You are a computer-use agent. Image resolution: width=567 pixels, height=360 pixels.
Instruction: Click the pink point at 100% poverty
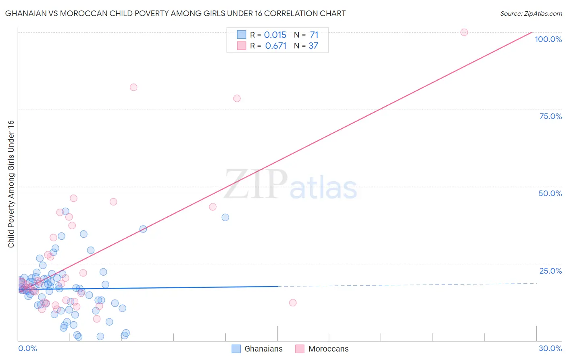[x=464, y=32]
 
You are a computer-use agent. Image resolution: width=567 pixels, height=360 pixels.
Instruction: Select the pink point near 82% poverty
[x=133, y=87]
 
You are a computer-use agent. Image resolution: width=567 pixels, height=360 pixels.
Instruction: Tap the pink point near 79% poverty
[x=237, y=98]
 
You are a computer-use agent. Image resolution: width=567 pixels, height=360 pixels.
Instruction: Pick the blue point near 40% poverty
[x=225, y=218]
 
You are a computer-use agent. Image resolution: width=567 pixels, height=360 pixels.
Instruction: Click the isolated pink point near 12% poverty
[x=293, y=303]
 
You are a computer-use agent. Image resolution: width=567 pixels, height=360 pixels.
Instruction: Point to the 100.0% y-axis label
[x=548, y=39]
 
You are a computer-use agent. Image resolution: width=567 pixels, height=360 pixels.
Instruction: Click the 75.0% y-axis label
[x=550, y=116]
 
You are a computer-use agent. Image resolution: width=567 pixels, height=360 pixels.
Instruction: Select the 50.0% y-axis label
[x=550, y=193]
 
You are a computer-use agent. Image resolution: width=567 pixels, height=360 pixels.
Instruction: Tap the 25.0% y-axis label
[x=550, y=270]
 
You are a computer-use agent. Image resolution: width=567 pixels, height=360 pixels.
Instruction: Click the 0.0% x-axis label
[x=27, y=348]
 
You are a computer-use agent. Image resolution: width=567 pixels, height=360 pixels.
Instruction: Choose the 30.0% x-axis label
[x=550, y=348]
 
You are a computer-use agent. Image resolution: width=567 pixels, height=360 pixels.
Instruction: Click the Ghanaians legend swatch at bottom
[x=236, y=349]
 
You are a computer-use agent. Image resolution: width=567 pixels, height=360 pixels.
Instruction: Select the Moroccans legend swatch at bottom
[x=300, y=349]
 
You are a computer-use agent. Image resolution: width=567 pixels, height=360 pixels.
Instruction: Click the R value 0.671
[x=275, y=46]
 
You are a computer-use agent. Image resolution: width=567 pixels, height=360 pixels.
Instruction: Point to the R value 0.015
[x=275, y=35]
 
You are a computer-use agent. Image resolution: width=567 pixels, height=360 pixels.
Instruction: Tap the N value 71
[x=314, y=35]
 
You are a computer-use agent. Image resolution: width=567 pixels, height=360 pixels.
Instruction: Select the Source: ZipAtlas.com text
[x=531, y=14]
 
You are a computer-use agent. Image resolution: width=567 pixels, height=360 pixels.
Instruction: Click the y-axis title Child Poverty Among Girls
[x=11, y=184]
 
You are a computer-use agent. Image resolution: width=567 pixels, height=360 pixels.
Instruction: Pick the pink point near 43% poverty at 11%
[x=213, y=207]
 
